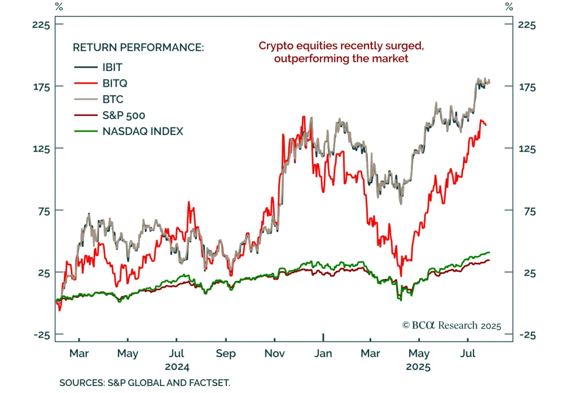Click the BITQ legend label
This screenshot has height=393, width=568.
pos(115,83)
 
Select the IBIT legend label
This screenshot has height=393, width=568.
pos(112,67)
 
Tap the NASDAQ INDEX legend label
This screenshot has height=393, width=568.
pos(143,131)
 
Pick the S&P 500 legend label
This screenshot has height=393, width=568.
pos(124,115)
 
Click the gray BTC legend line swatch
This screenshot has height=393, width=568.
pos(86,99)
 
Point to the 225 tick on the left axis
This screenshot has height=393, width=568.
pos(41,24)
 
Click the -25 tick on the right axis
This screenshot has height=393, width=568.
pos(527,335)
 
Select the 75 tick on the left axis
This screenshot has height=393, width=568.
pos(44,211)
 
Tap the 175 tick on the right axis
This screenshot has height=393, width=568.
pos(527,87)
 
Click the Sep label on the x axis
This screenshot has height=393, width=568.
pos(225,353)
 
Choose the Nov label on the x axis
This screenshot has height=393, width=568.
pos(274,353)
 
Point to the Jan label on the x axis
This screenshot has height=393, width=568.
pos(323,353)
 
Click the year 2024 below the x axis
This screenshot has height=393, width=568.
pos(177,367)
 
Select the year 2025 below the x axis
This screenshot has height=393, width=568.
pos(418,367)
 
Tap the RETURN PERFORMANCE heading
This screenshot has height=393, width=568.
pos(138,47)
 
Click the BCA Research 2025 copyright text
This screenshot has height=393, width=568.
pos(452,326)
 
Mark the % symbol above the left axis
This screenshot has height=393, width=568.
pos(59,7)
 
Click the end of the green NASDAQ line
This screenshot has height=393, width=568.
pos(489,252)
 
